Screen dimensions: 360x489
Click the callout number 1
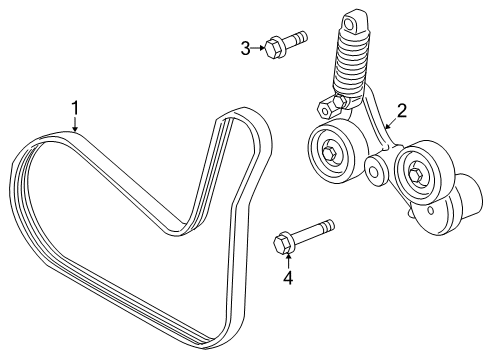(x=72, y=107)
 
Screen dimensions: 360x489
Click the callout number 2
(x=402, y=112)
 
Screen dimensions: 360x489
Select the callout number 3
(x=245, y=46)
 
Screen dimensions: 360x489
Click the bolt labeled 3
(x=287, y=43)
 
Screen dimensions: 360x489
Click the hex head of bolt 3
(x=273, y=46)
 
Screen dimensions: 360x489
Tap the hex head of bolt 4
(x=282, y=242)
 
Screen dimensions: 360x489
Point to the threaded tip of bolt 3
(x=302, y=38)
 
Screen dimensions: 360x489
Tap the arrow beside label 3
(x=259, y=46)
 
